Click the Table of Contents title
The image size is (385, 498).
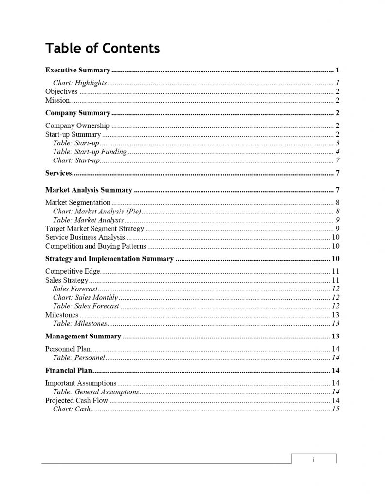coord(102,48)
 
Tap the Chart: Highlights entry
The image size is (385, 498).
coord(80,83)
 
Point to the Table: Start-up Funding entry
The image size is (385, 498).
coord(90,152)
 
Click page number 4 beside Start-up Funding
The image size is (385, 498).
coord(337,152)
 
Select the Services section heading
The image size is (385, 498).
coord(58,173)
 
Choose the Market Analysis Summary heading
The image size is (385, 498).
coord(89,190)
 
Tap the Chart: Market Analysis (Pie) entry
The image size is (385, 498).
coord(97,211)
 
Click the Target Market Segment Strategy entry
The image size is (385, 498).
coord(94,229)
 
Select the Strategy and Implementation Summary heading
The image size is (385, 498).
coord(109,259)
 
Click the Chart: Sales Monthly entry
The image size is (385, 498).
coord(85,298)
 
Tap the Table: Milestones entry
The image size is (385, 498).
coord(79,323)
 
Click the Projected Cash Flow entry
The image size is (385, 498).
coord(76,401)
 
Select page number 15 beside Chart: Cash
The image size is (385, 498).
coord(335,409)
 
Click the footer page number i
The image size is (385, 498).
coord(314,459)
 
